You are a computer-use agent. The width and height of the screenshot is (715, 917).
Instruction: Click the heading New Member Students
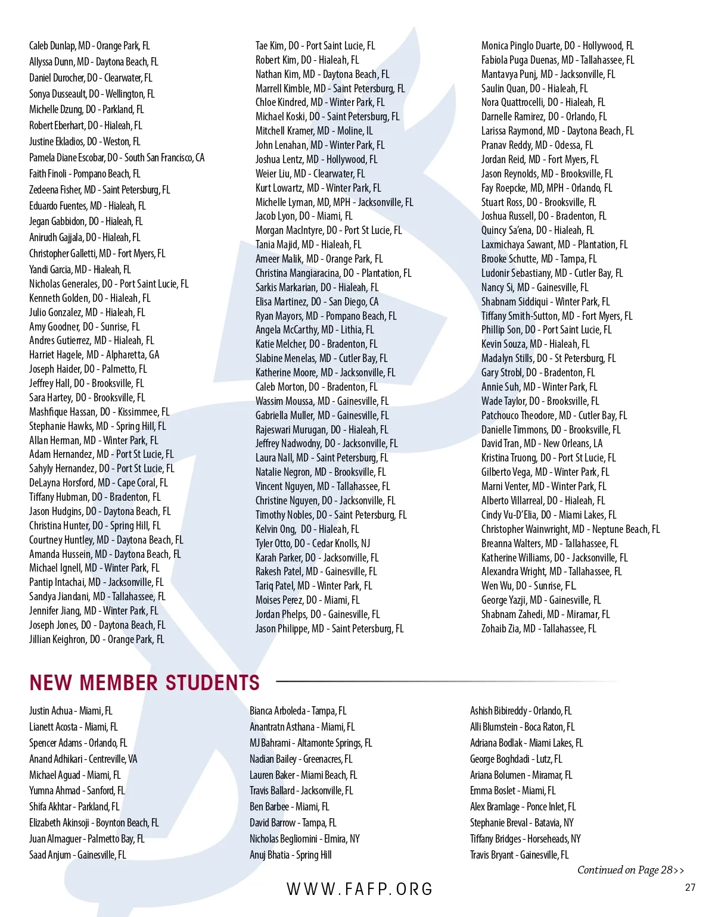click(x=145, y=682)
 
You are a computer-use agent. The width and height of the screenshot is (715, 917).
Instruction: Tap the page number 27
click(x=690, y=887)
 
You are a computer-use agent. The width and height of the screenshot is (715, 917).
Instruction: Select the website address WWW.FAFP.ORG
click(x=360, y=889)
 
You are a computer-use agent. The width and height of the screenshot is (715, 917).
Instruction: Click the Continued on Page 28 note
click(x=630, y=870)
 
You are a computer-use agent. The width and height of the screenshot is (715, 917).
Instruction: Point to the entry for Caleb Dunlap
click(x=89, y=46)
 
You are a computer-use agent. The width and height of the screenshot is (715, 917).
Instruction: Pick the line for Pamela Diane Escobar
click(x=117, y=158)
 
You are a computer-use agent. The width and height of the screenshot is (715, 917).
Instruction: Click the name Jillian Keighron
click(x=97, y=640)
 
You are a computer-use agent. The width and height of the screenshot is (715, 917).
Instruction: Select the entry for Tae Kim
click(x=315, y=46)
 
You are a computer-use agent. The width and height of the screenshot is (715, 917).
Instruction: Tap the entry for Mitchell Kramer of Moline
click(x=314, y=131)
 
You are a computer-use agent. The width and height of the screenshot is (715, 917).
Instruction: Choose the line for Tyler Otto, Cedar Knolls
click(x=313, y=544)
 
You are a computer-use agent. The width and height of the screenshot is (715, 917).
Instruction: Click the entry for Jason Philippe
click(x=329, y=629)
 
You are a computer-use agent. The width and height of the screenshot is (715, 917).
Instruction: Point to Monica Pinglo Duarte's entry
click(x=557, y=46)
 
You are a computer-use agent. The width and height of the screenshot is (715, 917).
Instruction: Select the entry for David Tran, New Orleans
click(x=542, y=444)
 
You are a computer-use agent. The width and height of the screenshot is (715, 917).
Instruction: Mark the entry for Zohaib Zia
click(x=539, y=629)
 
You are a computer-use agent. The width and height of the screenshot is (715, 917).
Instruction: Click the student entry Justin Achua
click(x=71, y=711)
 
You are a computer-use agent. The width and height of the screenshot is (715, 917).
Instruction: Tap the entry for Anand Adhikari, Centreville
click(x=83, y=759)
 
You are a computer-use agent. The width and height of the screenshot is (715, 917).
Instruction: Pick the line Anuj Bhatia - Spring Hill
click(x=291, y=855)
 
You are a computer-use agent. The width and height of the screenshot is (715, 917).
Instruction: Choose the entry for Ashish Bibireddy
click(x=521, y=711)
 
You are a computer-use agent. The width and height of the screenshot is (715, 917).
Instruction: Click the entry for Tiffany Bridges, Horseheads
click(x=526, y=839)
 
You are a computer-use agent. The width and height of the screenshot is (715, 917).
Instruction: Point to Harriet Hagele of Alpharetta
click(x=94, y=355)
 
